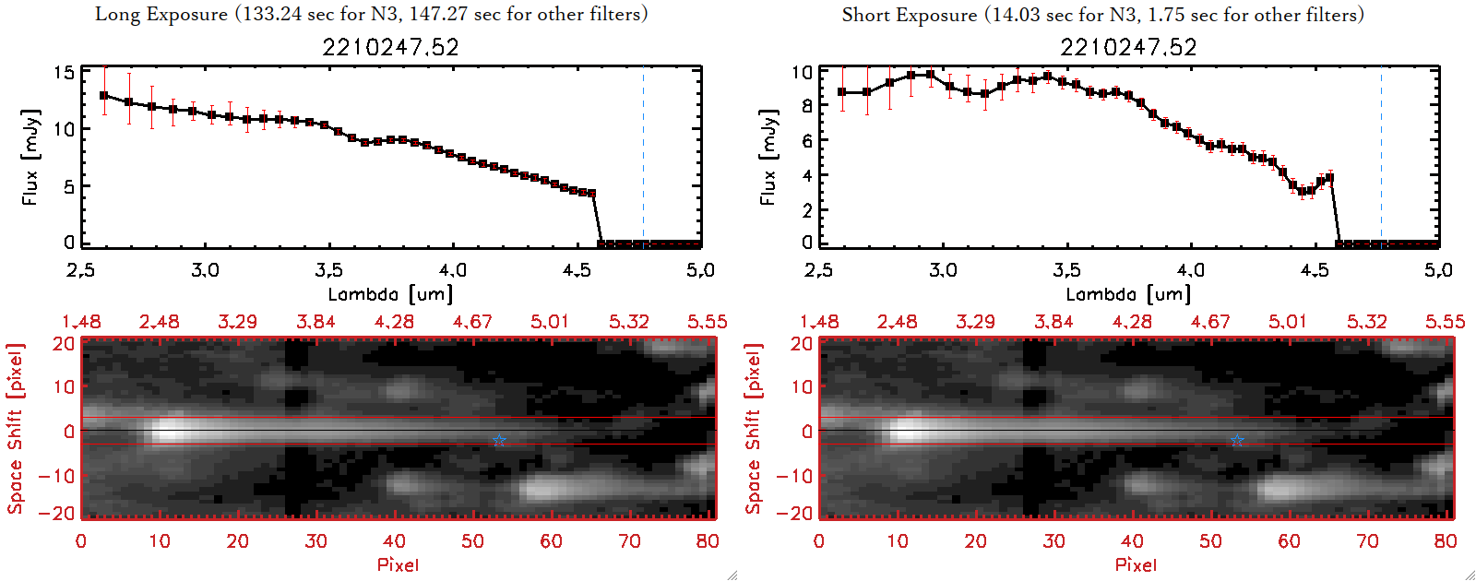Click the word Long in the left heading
click(x=117, y=15)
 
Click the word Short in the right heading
click(x=868, y=15)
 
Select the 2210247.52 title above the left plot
click(x=390, y=47)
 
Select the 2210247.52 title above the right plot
click(x=1128, y=47)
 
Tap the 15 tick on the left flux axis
click(x=64, y=73)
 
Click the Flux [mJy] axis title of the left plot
click(x=30, y=157)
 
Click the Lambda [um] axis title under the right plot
click(x=1128, y=294)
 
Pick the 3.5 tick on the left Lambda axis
click(x=328, y=270)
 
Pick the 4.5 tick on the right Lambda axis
click(x=1315, y=270)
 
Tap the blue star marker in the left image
click(x=499, y=442)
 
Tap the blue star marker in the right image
click(x=1237, y=442)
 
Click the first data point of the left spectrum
click(x=104, y=95)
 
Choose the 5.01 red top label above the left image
click(x=550, y=322)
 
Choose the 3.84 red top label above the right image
click(x=1053, y=322)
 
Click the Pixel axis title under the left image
click(x=398, y=564)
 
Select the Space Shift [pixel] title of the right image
click(x=754, y=429)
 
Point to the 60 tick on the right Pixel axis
click(x=1289, y=541)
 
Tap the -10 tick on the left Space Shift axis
click(x=57, y=476)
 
